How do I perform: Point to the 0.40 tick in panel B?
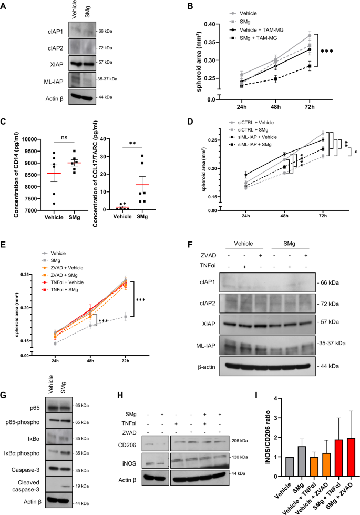207,24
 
